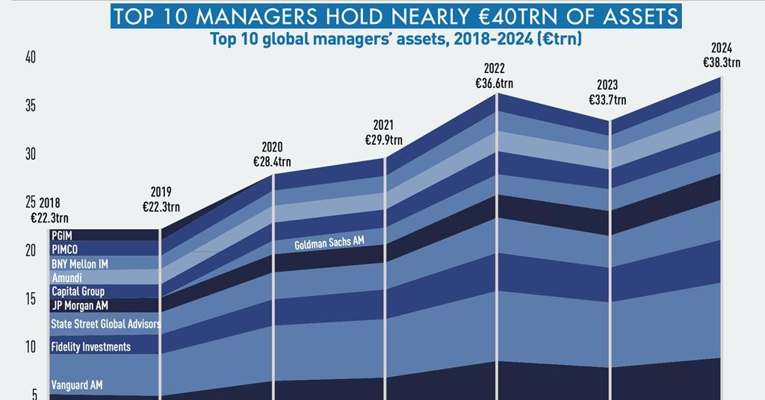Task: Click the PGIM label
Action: tap(62, 236)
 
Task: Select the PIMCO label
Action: tap(65, 249)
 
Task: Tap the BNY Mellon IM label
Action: tap(79, 263)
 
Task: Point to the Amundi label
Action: tap(66, 278)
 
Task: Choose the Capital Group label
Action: tap(78, 291)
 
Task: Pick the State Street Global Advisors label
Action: tap(105, 324)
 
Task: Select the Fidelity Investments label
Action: tap(90, 347)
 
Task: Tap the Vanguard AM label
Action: tap(76, 385)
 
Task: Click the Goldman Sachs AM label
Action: tap(329, 243)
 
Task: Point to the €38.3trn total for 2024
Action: tap(722, 63)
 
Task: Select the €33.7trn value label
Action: tap(607, 99)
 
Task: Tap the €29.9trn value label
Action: tap(383, 140)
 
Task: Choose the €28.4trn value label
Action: tap(272, 161)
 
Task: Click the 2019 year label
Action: tap(161, 192)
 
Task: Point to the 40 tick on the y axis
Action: tap(31, 57)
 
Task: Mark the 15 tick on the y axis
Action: tap(31, 299)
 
